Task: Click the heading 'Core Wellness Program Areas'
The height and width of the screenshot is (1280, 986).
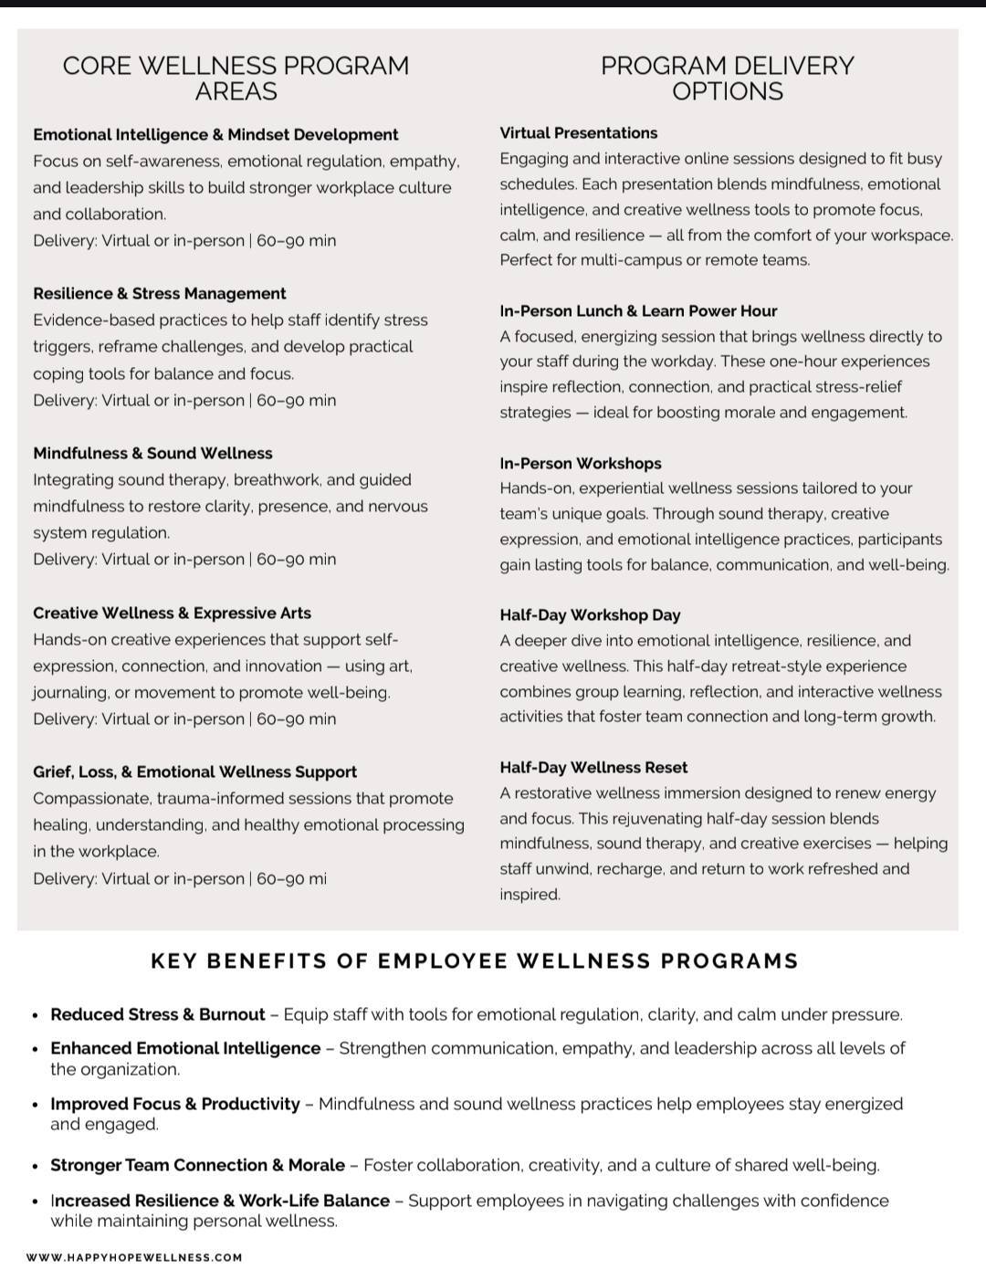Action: click(x=236, y=78)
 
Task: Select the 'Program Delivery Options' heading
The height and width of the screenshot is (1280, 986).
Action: click(x=727, y=78)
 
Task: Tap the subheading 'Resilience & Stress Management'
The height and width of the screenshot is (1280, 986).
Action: click(x=160, y=293)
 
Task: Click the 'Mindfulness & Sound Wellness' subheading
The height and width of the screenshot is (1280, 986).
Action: click(x=152, y=453)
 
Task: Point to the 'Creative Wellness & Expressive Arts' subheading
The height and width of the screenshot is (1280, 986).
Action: click(x=172, y=613)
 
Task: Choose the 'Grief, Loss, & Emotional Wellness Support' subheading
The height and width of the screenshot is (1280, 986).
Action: click(x=194, y=771)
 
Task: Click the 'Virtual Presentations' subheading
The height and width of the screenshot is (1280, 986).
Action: click(x=578, y=132)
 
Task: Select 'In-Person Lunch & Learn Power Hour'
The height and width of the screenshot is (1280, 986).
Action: click(x=638, y=310)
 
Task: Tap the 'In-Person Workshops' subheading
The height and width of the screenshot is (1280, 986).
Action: click(x=580, y=463)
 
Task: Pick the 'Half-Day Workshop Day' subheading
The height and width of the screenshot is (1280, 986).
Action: click(x=590, y=614)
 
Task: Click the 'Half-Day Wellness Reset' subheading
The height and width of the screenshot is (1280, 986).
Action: click(x=593, y=767)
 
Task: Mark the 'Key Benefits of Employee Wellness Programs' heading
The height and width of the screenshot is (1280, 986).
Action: click(x=475, y=960)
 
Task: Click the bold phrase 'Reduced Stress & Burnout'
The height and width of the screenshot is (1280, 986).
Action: click(x=158, y=1014)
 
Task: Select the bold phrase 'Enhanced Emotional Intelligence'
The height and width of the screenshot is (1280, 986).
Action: click(x=185, y=1048)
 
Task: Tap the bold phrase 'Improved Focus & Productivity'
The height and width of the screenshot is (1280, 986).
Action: click(x=175, y=1104)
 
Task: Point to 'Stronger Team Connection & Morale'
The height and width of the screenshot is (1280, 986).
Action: click(x=197, y=1165)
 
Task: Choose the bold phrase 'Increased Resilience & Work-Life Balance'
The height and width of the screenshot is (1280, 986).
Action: click(x=220, y=1200)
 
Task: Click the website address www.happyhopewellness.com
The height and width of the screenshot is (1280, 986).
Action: click(x=134, y=1257)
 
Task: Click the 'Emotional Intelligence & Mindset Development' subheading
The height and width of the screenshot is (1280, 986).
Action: click(x=215, y=134)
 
